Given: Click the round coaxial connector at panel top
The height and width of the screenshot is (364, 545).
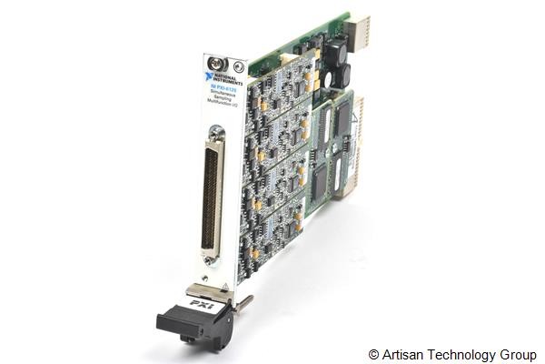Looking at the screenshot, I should [x=216, y=65].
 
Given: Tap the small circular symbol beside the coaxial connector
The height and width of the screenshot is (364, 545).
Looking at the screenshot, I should [x=237, y=66].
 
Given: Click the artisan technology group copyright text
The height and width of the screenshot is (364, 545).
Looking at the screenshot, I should [x=451, y=353].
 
